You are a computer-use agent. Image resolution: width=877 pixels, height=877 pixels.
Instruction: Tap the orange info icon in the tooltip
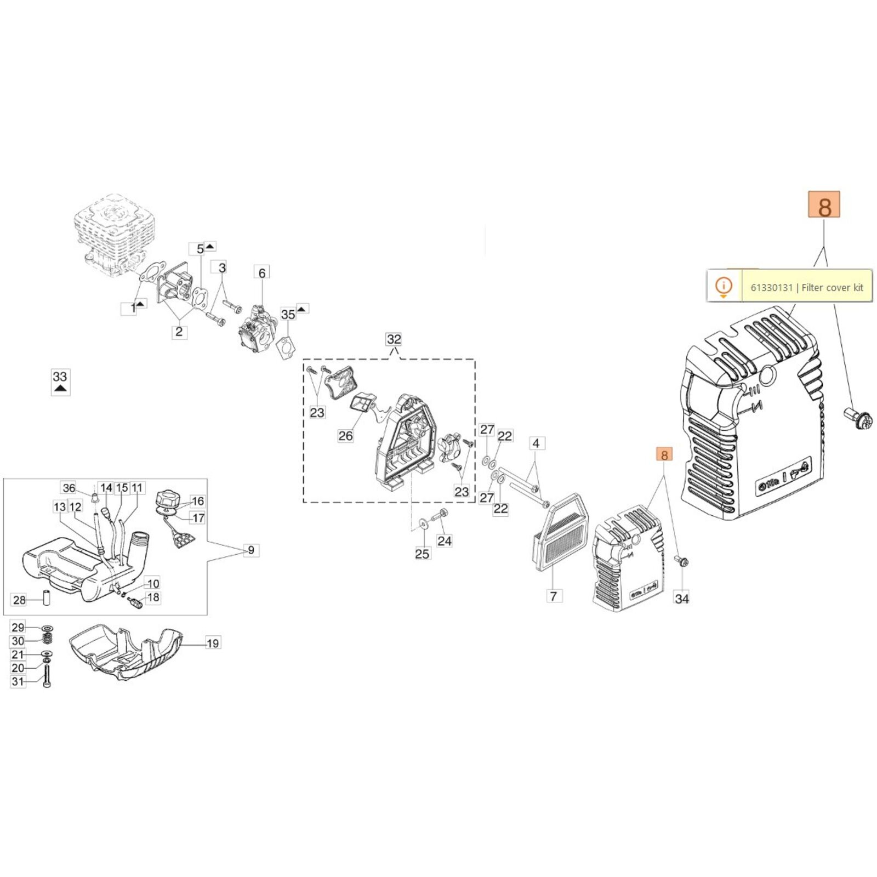(724, 286)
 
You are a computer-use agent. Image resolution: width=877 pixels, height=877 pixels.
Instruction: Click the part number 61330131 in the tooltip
(771, 287)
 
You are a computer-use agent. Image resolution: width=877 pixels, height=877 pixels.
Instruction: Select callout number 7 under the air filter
(554, 596)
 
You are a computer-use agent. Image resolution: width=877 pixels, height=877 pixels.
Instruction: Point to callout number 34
(682, 599)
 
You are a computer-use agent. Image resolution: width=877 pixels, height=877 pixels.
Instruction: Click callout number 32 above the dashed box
(394, 339)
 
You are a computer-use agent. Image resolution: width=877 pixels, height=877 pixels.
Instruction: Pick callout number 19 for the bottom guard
(213, 643)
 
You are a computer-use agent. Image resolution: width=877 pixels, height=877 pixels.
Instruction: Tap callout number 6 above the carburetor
(262, 273)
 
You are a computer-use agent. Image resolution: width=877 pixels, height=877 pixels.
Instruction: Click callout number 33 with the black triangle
(60, 377)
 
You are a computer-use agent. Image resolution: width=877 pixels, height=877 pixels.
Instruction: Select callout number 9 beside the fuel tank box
(251, 550)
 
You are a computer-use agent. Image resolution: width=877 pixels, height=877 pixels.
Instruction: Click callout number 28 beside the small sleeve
(19, 600)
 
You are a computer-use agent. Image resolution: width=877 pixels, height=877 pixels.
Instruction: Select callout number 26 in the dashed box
(345, 436)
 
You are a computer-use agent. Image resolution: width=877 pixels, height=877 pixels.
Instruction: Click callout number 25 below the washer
(422, 554)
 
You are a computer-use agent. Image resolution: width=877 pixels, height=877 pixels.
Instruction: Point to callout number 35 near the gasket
(288, 314)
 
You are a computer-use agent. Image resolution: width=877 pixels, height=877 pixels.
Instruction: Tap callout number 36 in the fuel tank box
(69, 488)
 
